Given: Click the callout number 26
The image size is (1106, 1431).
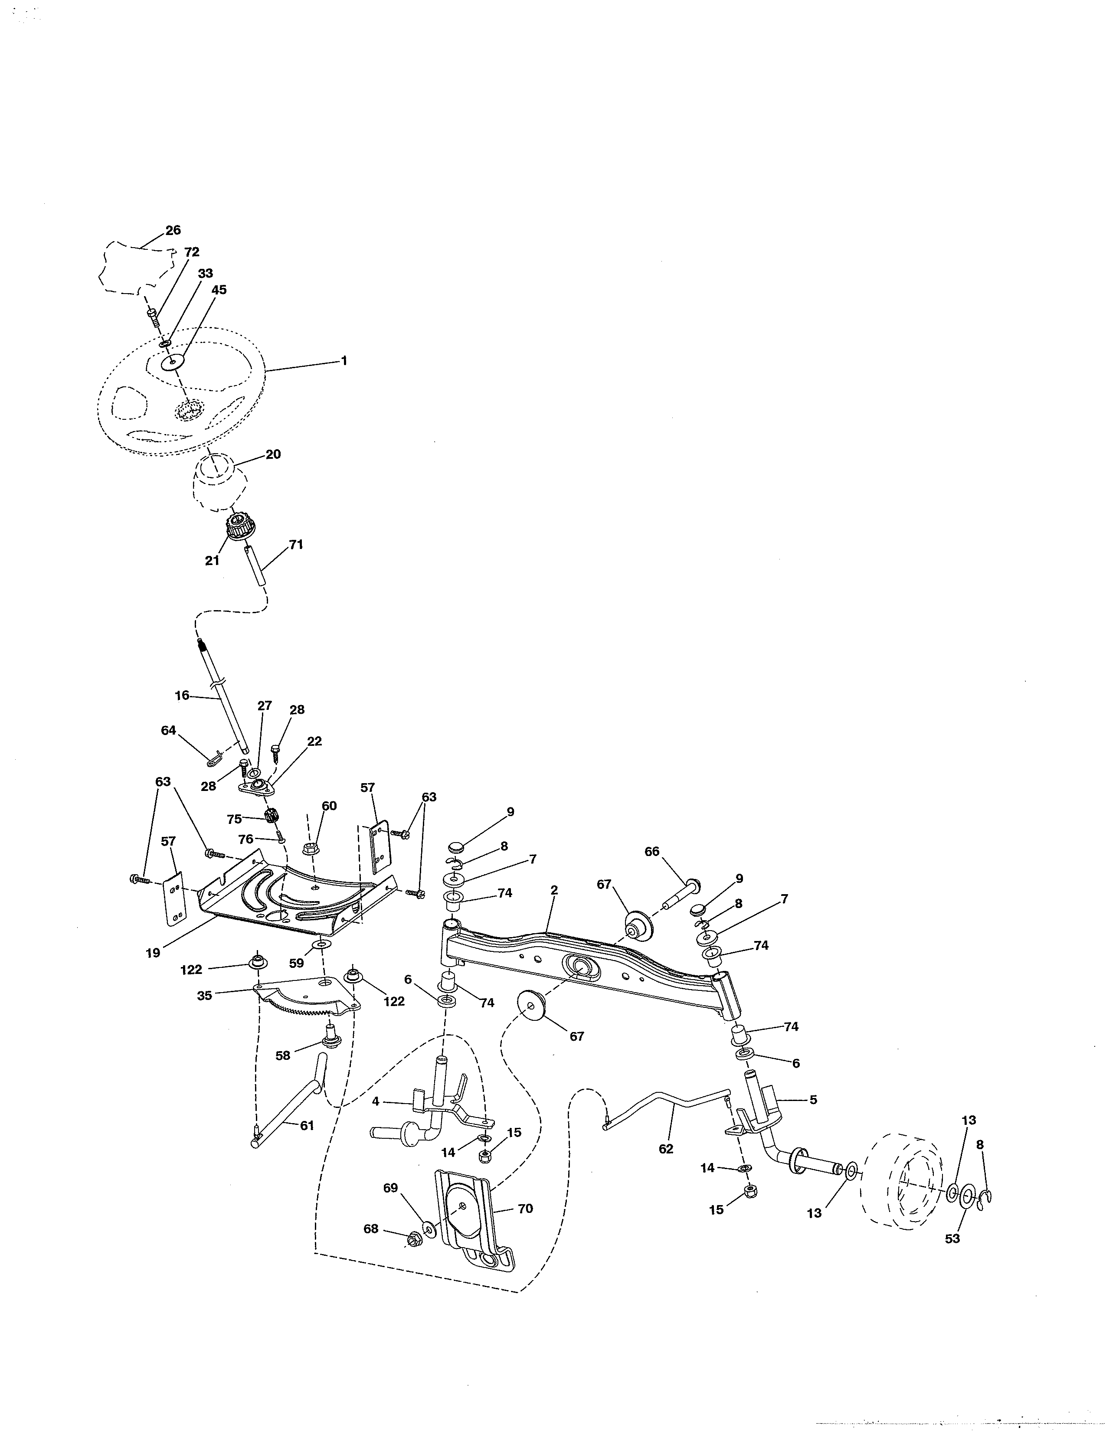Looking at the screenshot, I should (173, 230).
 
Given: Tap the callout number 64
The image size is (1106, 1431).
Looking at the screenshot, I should (168, 730).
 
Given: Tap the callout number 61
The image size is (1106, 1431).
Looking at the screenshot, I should (307, 1126).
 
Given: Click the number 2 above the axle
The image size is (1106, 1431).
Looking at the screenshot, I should (554, 890).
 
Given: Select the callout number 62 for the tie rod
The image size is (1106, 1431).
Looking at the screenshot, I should (666, 1149).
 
